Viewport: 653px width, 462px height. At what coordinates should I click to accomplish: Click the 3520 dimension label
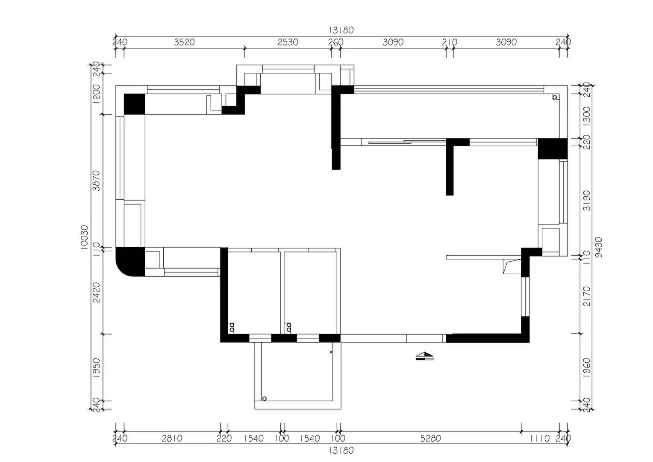coord(184,43)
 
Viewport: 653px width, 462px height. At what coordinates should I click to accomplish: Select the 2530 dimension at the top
coord(288,43)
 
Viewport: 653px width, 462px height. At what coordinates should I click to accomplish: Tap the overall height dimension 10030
coord(84,237)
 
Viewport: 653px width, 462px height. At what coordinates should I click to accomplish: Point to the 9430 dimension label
coord(599,248)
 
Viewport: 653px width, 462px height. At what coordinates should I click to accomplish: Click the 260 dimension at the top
coord(336,43)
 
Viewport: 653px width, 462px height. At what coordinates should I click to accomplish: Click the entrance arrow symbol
coord(424,356)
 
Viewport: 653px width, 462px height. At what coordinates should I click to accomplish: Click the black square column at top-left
coord(134,104)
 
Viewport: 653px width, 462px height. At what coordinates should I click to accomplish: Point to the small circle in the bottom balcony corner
coord(265,399)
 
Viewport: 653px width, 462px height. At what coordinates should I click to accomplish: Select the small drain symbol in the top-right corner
coord(555,97)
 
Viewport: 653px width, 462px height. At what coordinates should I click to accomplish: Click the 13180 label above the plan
coord(341,30)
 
